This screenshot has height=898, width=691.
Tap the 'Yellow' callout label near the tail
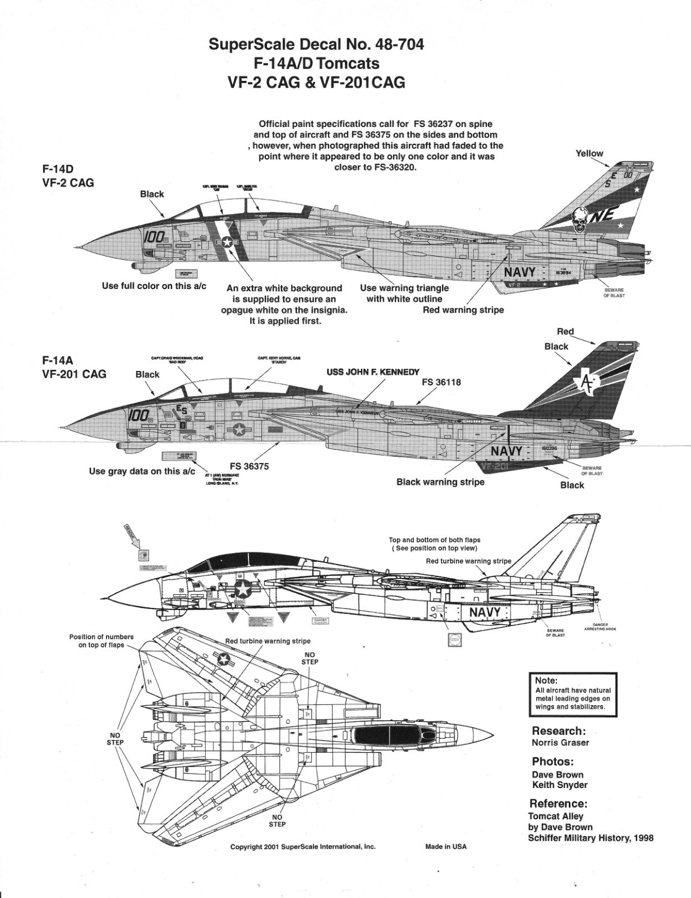pos(589,153)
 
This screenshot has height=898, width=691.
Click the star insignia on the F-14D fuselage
pos(227,242)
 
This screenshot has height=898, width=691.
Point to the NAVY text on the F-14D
pos(520,272)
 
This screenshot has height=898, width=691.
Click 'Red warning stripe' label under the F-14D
pos(463,310)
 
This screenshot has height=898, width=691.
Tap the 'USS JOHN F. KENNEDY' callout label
pos(372,372)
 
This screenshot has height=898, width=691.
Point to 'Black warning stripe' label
pos(440,482)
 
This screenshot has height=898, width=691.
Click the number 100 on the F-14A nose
pos(138,415)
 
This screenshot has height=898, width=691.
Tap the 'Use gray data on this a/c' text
pos(141,471)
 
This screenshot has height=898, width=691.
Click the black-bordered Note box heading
pos(546,680)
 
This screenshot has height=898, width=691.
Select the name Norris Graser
pos(560,743)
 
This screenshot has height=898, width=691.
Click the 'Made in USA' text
pos(445,846)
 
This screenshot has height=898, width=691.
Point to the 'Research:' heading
pos(559,731)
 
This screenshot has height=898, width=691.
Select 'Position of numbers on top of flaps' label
pos(102,641)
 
